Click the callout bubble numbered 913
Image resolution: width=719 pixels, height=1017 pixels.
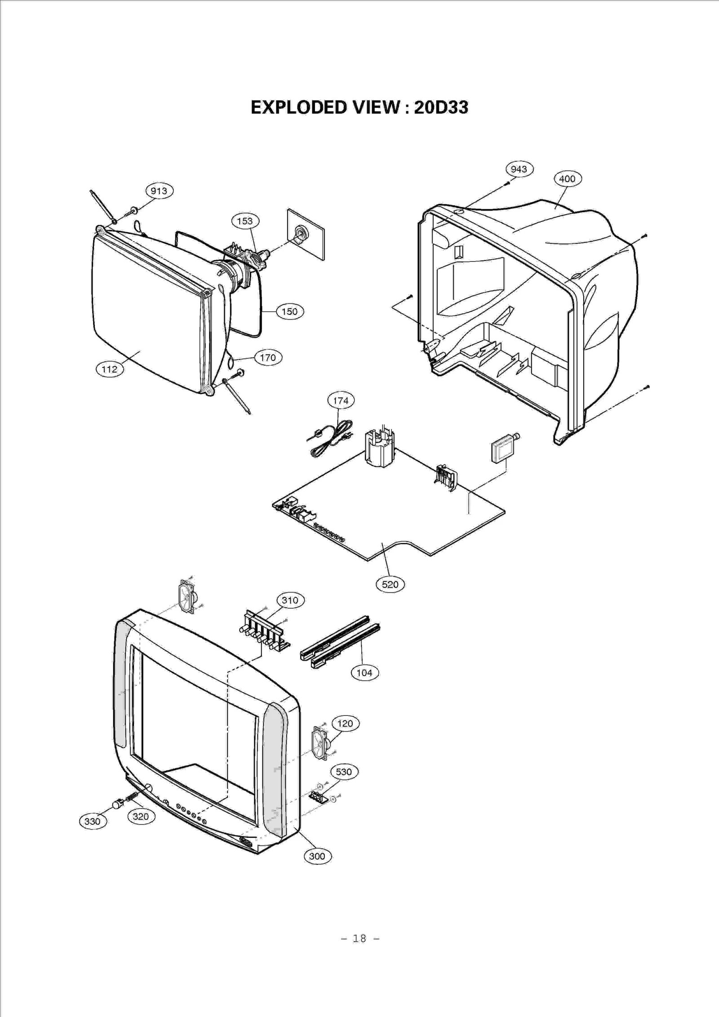pos(159,191)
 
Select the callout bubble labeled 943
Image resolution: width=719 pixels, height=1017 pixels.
pos(519,169)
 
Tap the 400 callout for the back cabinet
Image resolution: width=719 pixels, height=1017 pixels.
pos(567,179)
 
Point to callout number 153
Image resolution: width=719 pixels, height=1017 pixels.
pos(245,221)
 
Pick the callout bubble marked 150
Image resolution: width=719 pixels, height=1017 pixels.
pos(289,311)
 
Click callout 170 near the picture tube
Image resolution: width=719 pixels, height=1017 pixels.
pos(268,358)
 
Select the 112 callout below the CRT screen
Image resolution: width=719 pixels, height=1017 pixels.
pos(110,369)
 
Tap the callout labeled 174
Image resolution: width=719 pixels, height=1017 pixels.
pos(341,400)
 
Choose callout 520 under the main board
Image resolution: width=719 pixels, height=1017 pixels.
pos(390,584)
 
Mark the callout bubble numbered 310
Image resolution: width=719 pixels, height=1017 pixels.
pos(290,600)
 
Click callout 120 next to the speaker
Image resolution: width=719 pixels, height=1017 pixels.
pos(345,723)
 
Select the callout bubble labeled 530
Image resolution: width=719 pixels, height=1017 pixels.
pos(344,772)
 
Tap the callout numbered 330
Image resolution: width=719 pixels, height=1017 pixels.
pos(93,821)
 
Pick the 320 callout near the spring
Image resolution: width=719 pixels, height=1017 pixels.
pos(141,816)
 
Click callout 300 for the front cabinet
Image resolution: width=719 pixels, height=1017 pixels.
pos(317,856)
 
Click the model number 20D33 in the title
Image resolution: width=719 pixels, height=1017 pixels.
pos(441,107)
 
